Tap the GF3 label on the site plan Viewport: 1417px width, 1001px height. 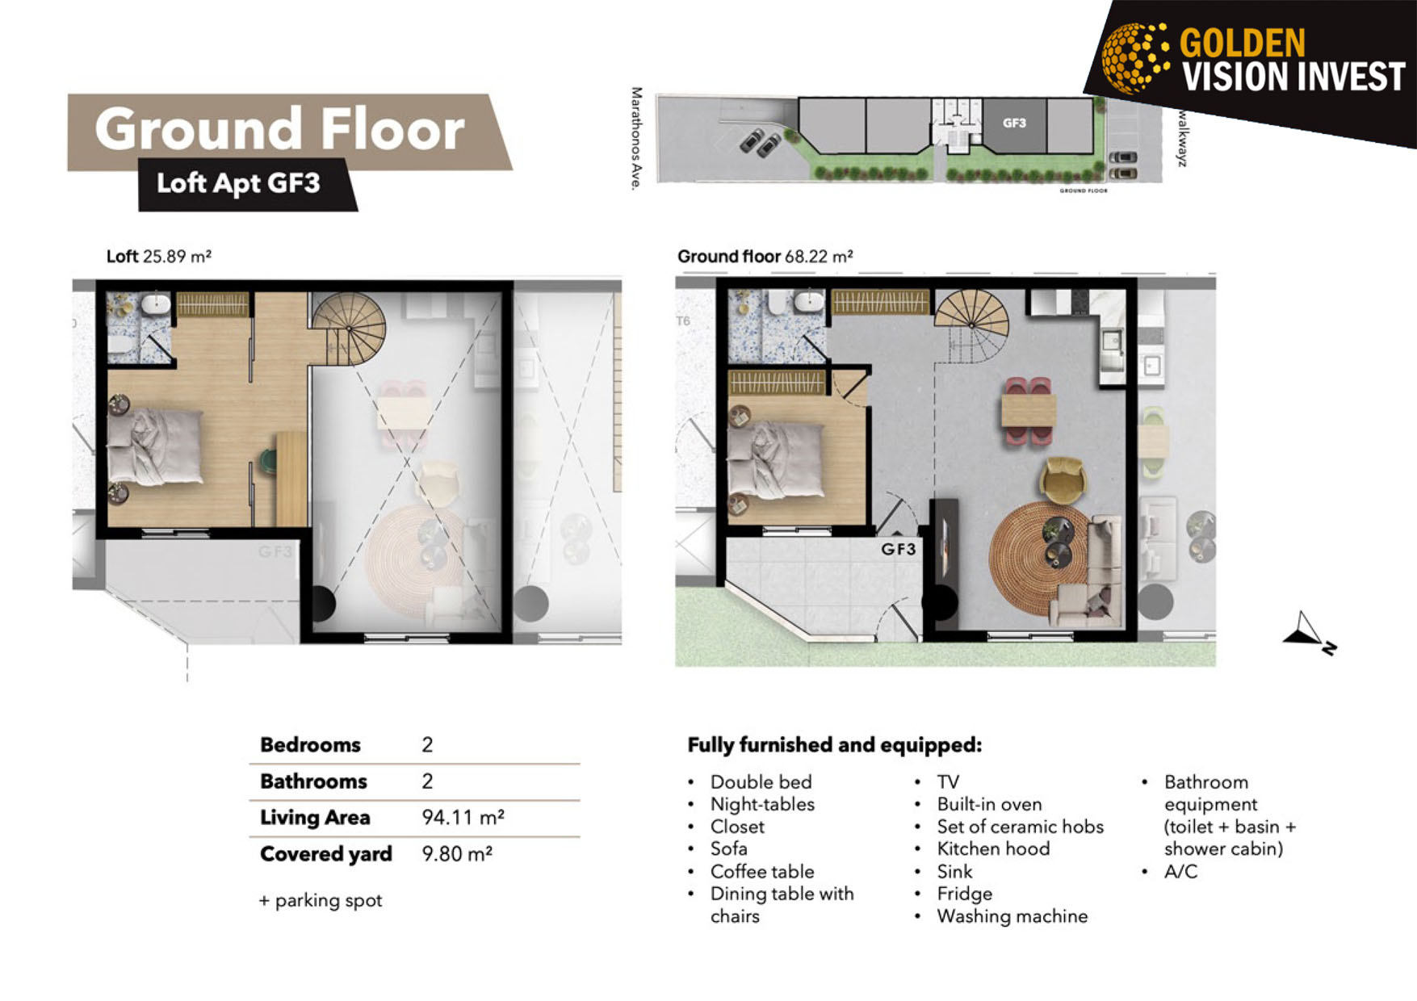coord(1014,123)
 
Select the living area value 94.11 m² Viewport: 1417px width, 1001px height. coord(463,817)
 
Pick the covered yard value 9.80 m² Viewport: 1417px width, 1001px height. coord(457,853)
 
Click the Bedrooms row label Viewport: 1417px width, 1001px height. coord(310,744)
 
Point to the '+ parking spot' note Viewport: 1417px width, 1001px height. coord(321,900)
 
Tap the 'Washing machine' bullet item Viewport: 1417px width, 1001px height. coord(1012,916)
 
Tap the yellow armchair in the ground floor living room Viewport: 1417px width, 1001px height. coord(1063,480)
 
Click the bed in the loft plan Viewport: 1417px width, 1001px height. coord(155,446)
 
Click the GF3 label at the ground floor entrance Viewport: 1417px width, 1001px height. coord(898,549)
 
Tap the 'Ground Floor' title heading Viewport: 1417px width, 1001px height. coord(279,129)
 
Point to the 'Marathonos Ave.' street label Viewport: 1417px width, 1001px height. coord(636,139)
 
